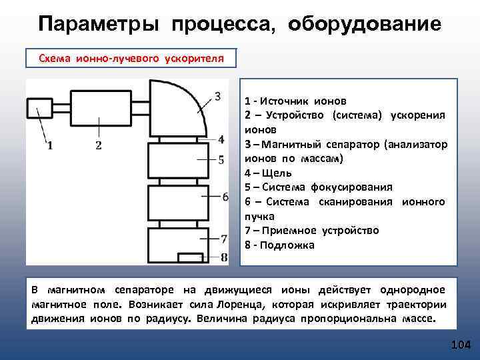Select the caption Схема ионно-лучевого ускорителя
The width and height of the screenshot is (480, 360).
point(131,59)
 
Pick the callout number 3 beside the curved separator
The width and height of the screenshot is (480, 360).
point(218,95)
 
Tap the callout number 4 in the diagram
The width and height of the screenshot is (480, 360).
point(221,139)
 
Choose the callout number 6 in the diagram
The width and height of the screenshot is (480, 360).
point(225,197)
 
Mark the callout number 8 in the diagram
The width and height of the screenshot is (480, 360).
point(224,257)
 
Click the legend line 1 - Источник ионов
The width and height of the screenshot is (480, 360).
point(295,101)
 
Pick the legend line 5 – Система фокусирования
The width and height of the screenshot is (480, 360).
point(318,187)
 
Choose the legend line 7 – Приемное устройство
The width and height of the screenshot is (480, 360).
point(311,230)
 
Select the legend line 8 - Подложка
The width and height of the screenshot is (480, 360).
point(279,245)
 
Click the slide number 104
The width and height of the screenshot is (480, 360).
point(461,345)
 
